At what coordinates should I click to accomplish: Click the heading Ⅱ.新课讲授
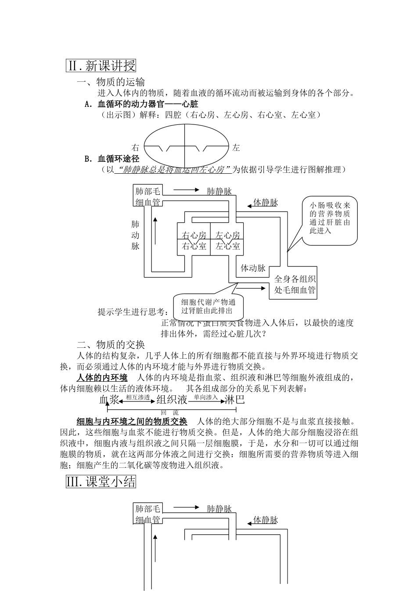click(101, 66)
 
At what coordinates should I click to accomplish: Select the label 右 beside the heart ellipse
click(135, 148)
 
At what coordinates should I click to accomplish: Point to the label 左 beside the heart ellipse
click(236, 148)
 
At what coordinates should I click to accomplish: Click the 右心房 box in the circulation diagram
click(194, 235)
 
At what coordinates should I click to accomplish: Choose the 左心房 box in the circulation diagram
click(227, 235)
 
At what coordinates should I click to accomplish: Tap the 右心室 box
click(194, 246)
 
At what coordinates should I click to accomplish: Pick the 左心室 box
click(227, 246)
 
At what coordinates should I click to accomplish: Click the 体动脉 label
click(253, 268)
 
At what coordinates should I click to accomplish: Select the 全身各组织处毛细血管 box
click(295, 285)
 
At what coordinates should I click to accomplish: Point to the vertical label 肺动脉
click(135, 235)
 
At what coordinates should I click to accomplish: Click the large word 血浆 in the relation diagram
click(110, 400)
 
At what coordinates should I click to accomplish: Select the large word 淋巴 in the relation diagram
click(234, 400)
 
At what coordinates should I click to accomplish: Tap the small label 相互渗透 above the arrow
click(138, 397)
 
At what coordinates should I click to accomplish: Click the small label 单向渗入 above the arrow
click(206, 397)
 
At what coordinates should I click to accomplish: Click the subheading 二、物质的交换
click(111, 344)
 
